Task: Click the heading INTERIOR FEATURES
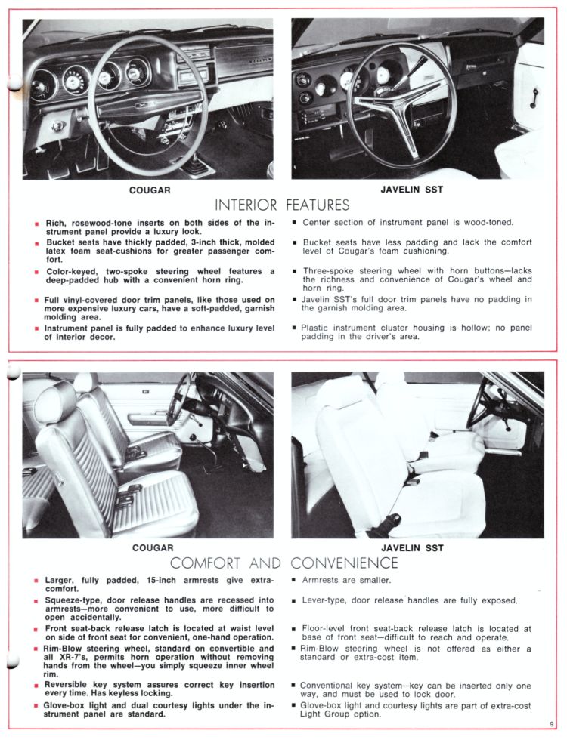[282, 205]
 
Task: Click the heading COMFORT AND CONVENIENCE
[283, 563]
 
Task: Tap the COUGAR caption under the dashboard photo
[150, 190]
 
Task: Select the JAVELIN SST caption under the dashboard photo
[417, 190]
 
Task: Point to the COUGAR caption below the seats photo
[153, 548]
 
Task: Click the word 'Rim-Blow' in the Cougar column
[64, 649]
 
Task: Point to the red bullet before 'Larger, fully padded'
[36, 581]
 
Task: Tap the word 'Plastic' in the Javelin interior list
[318, 328]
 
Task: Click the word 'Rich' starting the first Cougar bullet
[56, 223]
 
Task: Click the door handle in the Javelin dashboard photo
[534, 97]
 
